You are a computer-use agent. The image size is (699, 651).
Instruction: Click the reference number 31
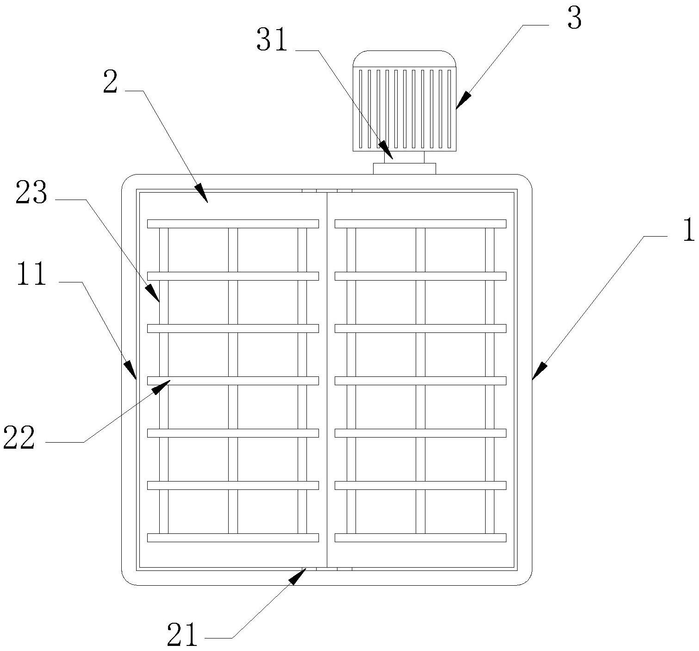[x=272, y=41]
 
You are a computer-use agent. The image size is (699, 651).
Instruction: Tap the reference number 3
[x=574, y=20]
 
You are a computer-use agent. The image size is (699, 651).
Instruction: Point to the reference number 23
[x=31, y=194]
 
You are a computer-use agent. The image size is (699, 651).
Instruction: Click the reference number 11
[x=31, y=274]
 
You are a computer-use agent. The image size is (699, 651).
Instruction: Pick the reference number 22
[x=19, y=438]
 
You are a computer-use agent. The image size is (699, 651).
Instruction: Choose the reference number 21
[x=182, y=635]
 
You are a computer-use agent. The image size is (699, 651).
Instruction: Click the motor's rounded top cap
[x=405, y=59]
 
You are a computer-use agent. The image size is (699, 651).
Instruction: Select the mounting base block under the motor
[x=405, y=169]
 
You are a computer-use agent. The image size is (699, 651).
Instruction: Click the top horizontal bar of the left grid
[x=233, y=224]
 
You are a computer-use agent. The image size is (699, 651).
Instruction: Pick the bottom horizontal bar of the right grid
[x=420, y=538]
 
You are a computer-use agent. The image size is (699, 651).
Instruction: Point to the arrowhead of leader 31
[x=387, y=153]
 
